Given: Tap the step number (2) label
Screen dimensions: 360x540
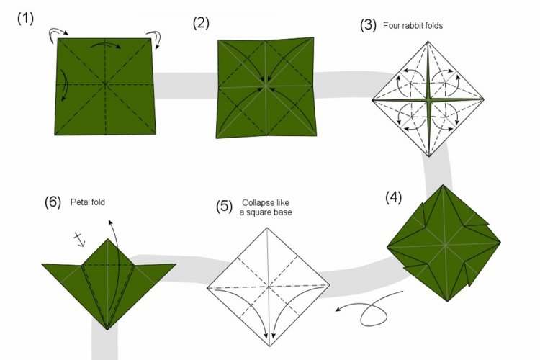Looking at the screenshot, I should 201,23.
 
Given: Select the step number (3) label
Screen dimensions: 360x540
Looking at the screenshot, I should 369,25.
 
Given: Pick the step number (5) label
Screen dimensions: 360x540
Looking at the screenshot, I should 224,207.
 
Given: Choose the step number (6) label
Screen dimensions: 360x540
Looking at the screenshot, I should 53,203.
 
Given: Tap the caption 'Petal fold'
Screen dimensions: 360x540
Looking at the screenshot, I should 88,202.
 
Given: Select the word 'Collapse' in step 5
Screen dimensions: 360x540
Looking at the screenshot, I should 258,203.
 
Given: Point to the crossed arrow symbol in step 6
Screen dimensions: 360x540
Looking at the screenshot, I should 81,239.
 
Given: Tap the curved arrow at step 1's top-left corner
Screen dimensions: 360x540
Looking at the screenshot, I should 58,32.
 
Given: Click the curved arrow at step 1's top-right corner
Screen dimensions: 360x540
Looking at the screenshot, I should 153,36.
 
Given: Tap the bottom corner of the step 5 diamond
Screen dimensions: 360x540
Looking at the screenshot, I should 268,346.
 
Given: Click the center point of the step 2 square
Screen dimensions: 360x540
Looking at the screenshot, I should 266,87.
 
